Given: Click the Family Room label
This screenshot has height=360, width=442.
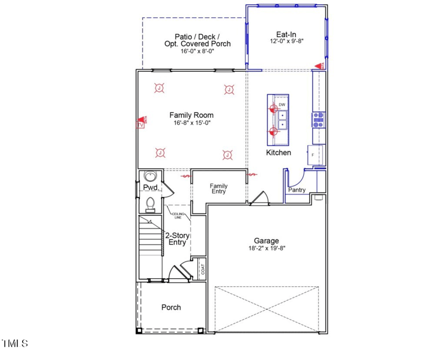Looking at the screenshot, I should coord(191,115).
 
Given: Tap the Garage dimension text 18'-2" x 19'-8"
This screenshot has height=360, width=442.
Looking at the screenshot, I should coord(266,248).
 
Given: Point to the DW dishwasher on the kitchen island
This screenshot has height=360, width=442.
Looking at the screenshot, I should coord(282,105).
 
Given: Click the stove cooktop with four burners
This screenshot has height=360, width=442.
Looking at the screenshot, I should coord(318,118).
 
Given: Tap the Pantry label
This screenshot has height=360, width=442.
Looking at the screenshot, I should coord(297,190).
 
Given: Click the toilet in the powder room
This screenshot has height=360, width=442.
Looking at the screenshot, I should coord(150,204).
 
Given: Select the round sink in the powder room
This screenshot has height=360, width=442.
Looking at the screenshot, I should coord(150,176).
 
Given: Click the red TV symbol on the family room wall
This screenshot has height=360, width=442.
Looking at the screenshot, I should coord(140,123).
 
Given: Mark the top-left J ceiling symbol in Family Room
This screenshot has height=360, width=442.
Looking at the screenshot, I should coord(159,88).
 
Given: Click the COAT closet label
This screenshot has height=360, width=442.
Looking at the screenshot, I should coord(203,269).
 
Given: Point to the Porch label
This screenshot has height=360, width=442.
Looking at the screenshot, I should coord(171,307).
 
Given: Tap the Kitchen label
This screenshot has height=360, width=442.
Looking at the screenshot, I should coord(278,153).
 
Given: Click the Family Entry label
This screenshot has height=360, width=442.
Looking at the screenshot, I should coord(218,189).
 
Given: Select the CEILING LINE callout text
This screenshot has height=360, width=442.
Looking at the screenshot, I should coord(177,216).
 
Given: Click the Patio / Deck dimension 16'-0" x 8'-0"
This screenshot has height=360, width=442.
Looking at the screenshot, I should coord(197,51).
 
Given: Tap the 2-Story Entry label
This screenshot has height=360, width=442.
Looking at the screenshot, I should coord(177,239).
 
